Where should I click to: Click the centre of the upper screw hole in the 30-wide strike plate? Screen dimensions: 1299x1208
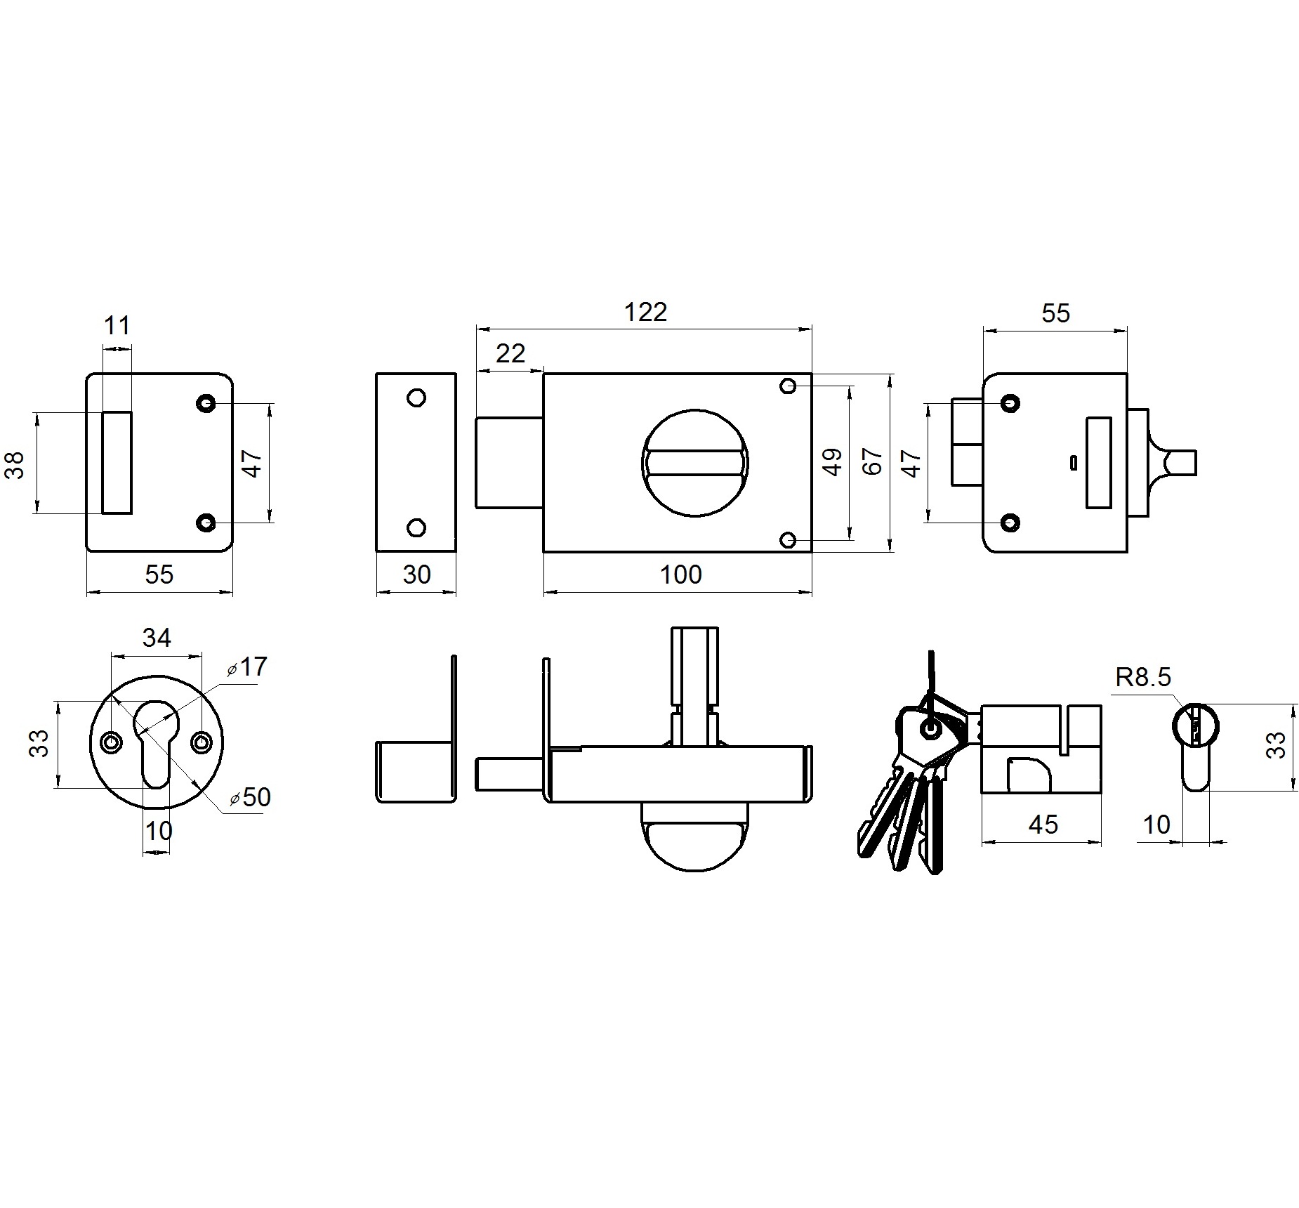click(416, 398)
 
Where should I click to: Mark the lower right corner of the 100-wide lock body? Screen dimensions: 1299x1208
click(812, 552)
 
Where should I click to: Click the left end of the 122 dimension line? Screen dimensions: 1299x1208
click(476, 328)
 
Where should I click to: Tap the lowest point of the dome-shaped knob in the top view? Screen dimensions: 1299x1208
click(695, 872)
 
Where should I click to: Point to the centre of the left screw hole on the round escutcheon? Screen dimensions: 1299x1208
click(110, 742)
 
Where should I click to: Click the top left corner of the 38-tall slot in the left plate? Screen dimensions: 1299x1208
click(103, 412)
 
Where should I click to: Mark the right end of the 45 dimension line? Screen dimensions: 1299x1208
click(1101, 841)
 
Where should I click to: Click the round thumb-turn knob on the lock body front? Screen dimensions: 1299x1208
click(695, 464)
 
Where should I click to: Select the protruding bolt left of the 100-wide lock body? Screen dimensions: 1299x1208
click(510, 462)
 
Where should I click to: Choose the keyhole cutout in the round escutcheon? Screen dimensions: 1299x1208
click(156, 742)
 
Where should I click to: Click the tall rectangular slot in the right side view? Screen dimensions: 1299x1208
click(1099, 462)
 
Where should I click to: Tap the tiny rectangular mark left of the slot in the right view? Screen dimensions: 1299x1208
click(1073, 462)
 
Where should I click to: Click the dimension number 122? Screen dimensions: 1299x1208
click(645, 312)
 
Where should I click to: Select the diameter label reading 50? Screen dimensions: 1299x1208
click(250, 797)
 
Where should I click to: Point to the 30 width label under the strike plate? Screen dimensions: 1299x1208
click(416, 575)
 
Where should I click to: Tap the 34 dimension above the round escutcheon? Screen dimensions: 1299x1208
click(157, 638)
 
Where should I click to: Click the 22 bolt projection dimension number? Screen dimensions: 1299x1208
click(510, 353)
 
